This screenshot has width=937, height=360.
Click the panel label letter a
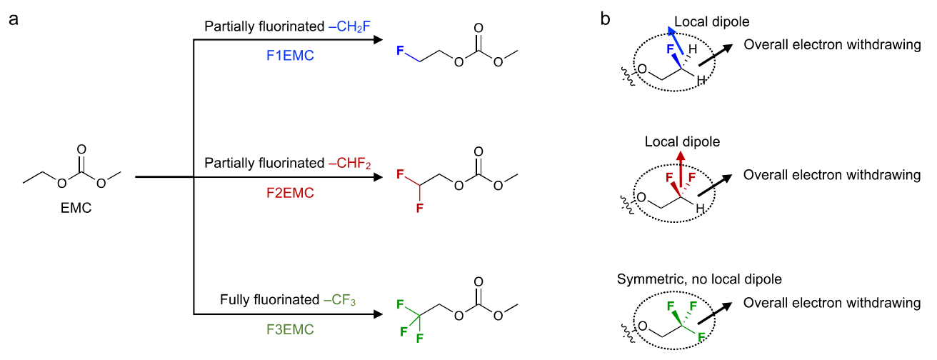13,19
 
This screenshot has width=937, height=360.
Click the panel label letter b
605,19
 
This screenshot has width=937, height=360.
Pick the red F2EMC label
290,193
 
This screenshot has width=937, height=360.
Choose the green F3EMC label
290,330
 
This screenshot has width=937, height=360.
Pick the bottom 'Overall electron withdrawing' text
832,303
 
